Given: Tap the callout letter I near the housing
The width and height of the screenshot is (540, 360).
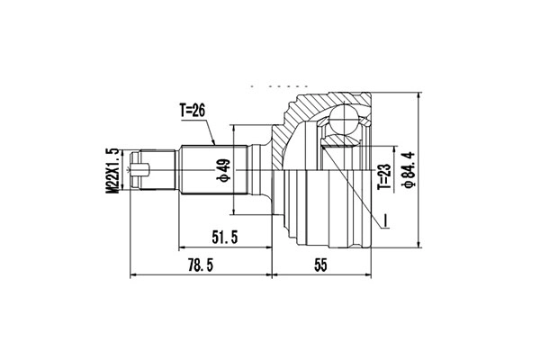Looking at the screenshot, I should [x=384, y=220].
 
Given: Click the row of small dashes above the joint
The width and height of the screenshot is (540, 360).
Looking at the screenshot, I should [x=272, y=85].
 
